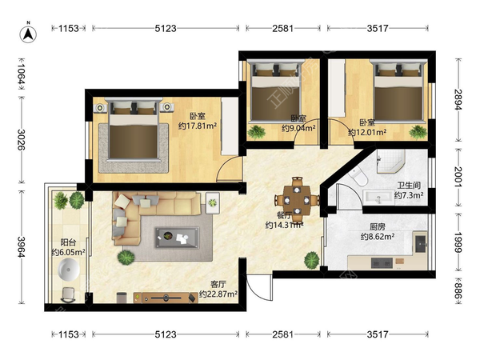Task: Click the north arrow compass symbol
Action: click(x=28, y=33)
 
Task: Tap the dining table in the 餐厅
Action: click(x=297, y=200)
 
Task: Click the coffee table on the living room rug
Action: click(x=177, y=237)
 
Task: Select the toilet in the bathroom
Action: click(x=358, y=176)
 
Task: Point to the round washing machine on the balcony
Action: click(x=69, y=270)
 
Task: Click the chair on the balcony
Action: click(x=69, y=294)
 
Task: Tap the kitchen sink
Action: click(x=420, y=243)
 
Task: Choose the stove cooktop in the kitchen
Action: click(x=382, y=263)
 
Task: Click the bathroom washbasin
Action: click(x=378, y=198)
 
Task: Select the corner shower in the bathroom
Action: click(x=390, y=162)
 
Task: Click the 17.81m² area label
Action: click(x=198, y=126)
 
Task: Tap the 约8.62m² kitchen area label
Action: click(x=377, y=236)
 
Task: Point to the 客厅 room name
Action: click(x=218, y=284)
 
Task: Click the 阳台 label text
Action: click(x=68, y=242)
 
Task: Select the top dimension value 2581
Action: click(x=283, y=29)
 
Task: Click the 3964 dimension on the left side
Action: click(x=21, y=246)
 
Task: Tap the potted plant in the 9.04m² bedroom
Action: click(x=256, y=132)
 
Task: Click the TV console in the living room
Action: click(x=166, y=298)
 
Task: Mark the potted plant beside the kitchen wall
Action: click(x=312, y=260)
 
